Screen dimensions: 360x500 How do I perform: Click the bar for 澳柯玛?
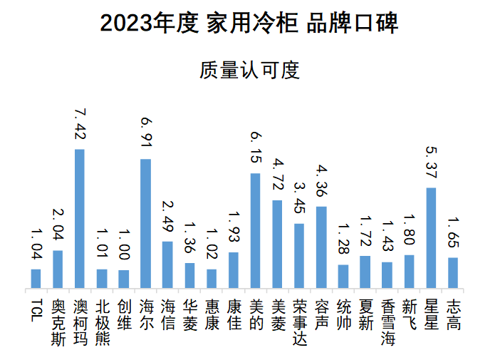tap(80, 219)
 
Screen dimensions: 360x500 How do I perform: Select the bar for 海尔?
tap(145, 224)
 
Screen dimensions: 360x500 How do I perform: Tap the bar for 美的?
tap(255, 231)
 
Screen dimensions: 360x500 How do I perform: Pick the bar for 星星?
tap(430, 238)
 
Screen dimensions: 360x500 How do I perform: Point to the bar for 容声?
tap(321, 247)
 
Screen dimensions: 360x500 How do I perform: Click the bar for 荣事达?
tap(299, 256)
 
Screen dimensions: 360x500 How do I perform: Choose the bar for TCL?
tap(36, 279)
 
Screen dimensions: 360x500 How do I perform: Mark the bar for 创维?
tap(123, 279)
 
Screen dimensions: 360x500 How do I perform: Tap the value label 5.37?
tap(430, 165)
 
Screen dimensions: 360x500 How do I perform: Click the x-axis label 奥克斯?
tap(58, 319)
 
